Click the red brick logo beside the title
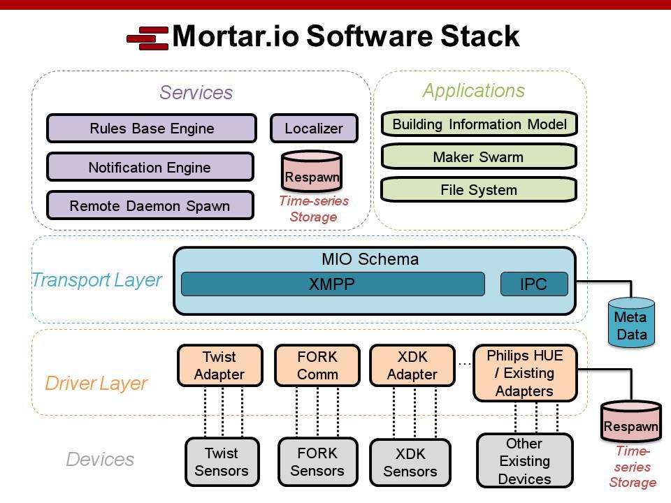[147, 38]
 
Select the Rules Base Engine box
[152, 129]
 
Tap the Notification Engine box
[150, 167]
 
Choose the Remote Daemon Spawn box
[150, 205]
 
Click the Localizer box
[314, 129]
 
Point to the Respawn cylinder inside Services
[312, 171]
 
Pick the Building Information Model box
[479, 124]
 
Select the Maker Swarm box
[479, 157]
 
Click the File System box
[479, 189]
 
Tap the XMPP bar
[333, 284]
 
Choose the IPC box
[534, 284]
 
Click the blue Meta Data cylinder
[631, 322]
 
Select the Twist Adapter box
[220, 365]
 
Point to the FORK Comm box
[317, 365]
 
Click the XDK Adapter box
[412, 365]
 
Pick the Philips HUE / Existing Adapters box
[525, 373]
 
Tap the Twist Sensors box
[222, 462]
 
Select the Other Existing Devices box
[525, 461]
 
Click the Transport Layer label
[97, 280]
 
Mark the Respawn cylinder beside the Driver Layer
[631, 421]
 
